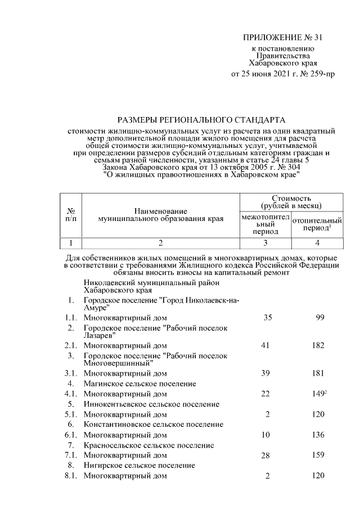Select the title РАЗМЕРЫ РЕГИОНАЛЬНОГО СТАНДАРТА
click(x=201, y=120)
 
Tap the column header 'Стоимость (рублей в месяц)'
click(x=291, y=202)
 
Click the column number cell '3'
click(x=265, y=243)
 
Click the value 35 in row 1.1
click(x=267, y=318)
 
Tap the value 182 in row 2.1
click(x=318, y=345)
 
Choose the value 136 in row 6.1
click(x=318, y=434)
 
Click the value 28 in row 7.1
click(x=267, y=455)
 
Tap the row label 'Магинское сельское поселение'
click(x=139, y=384)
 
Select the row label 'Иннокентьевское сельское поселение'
click(x=151, y=404)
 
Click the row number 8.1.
click(x=70, y=476)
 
